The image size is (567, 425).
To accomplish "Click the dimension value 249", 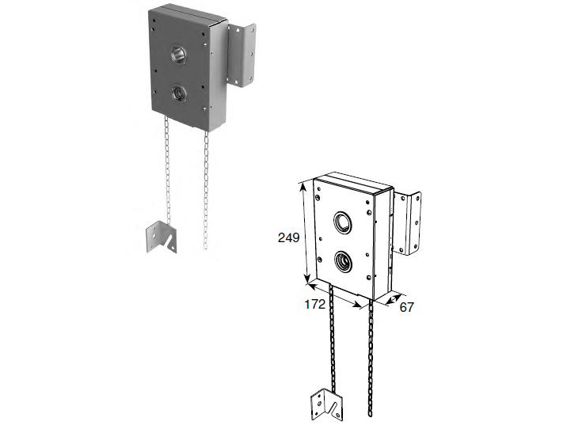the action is [x=288, y=237].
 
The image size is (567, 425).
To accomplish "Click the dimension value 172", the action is [x=315, y=305].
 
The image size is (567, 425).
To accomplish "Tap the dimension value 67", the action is [x=406, y=307].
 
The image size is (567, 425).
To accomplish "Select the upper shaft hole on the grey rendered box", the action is [x=178, y=54].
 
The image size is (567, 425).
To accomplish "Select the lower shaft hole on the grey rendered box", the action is [x=178, y=93].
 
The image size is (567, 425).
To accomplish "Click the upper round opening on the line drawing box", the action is [x=342, y=222].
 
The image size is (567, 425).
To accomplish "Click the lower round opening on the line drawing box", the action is [x=343, y=261].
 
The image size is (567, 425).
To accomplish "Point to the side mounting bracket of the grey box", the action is [x=242, y=55].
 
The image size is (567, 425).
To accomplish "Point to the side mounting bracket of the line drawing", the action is [x=407, y=223].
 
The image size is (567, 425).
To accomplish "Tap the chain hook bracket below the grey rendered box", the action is [x=161, y=237].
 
